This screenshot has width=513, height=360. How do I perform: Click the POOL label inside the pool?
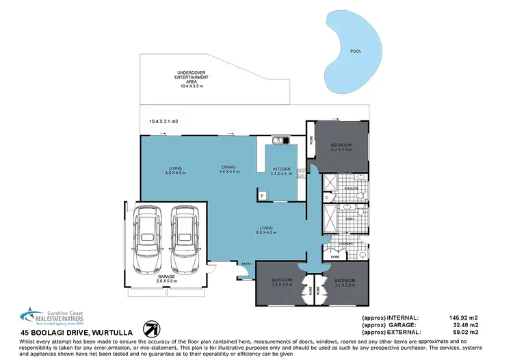(355, 51)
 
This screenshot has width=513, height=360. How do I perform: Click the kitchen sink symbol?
(280, 141)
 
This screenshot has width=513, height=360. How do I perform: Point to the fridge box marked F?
(262, 196)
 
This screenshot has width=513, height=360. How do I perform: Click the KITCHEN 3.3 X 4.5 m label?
(282, 171)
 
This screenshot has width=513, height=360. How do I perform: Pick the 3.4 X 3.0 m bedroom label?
(282, 283)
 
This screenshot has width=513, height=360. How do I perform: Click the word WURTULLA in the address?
(108, 332)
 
